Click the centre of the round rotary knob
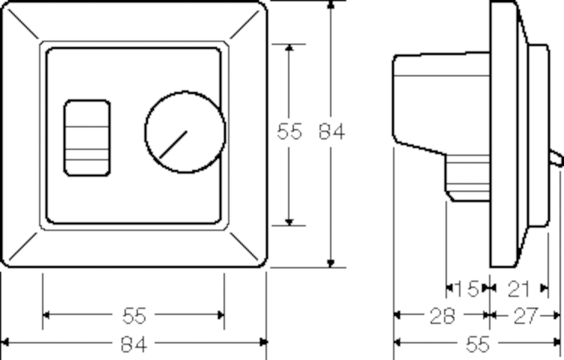pos(185,132)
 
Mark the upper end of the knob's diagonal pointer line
pos(186,131)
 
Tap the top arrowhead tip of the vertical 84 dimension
pos(331,1)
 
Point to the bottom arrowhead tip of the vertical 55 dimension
pos(289,225)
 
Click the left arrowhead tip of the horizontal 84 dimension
pos(1,343)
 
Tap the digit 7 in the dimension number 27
pos(531,316)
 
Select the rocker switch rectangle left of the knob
pos(87,138)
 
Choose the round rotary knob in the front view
pos(185,132)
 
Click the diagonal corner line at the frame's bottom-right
pos(244,246)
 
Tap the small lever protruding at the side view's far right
pos(557,159)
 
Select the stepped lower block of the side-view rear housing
pos(467,178)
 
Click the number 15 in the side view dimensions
pos(467,289)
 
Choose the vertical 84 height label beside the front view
pos(331,132)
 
